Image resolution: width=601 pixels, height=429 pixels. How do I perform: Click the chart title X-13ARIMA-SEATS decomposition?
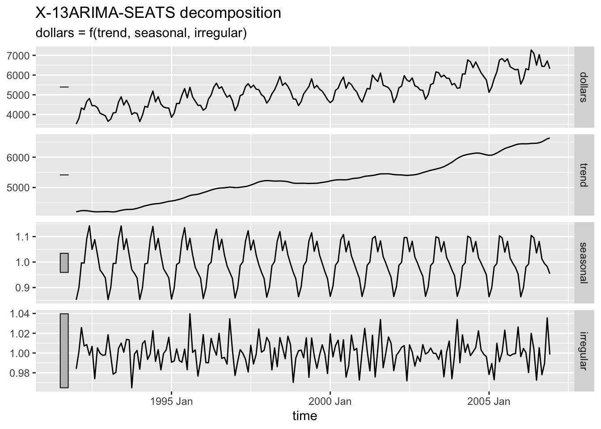click(x=158, y=13)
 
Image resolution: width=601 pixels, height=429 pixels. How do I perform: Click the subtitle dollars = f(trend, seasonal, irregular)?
click(x=141, y=33)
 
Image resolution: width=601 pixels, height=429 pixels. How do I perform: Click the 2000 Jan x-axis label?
click(x=330, y=401)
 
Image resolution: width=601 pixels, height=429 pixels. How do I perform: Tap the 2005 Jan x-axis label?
click(x=489, y=401)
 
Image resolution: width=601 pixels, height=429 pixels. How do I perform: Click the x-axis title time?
click(x=305, y=416)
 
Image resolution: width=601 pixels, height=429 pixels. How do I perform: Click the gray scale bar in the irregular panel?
click(x=64, y=351)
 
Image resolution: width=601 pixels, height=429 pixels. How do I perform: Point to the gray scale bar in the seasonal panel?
click(x=64, y=263)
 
